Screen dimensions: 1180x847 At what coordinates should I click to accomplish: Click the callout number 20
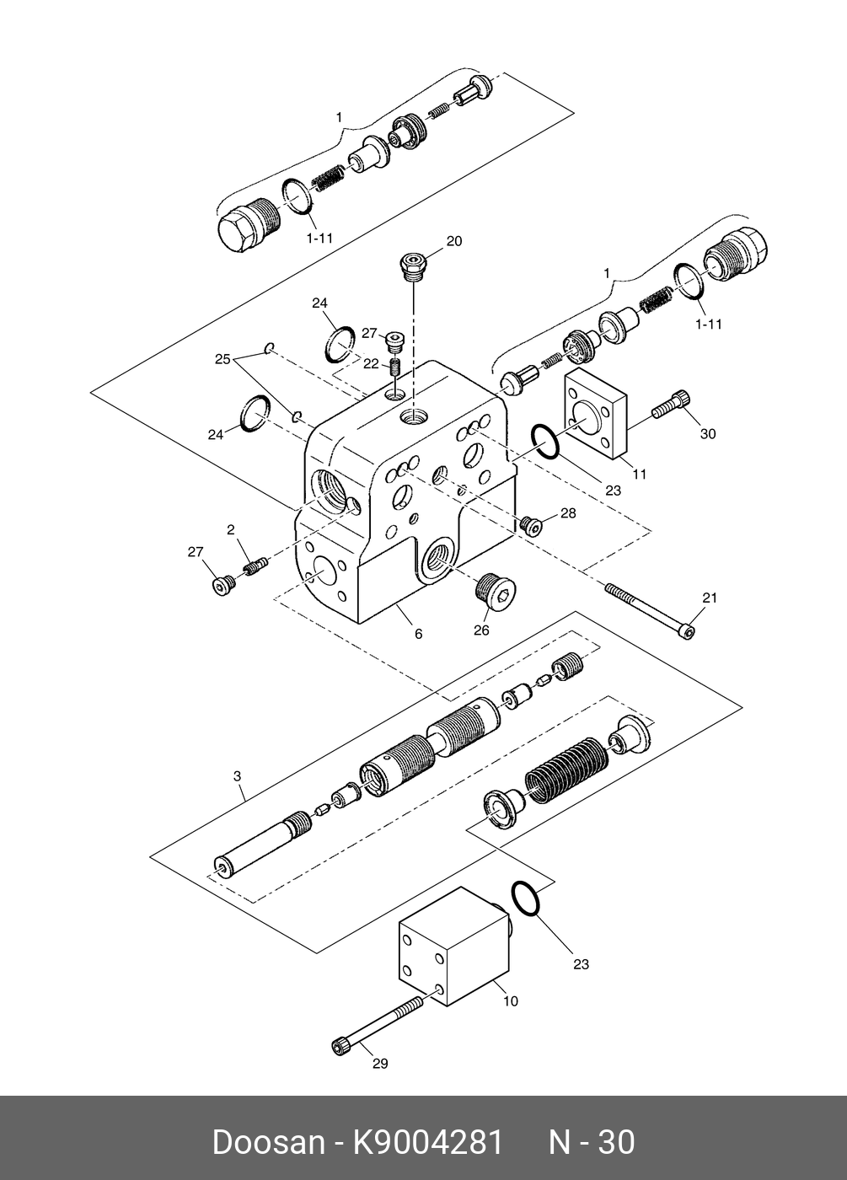point(453,242)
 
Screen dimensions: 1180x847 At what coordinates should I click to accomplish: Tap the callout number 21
point(709,598)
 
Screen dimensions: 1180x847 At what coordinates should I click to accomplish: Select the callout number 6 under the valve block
point(418,634)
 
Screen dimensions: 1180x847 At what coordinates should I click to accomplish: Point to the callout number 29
point(380,1064)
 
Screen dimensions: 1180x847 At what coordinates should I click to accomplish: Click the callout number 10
point(511,1001)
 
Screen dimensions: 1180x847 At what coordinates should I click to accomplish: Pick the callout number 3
point(238,774)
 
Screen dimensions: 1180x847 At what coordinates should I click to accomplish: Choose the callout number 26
point(481,630)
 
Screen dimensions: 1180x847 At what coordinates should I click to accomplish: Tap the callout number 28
point(568,512)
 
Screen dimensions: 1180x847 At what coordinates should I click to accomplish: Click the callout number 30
point(708,434)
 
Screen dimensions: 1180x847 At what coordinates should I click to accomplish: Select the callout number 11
point(640,475)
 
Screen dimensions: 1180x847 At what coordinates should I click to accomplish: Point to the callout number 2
point(230,530)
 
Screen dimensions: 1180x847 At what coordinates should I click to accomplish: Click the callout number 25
point(222,360)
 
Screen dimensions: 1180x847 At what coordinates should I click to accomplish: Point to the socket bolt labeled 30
point(672,406)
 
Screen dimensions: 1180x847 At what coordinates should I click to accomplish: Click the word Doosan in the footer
point(268,1142)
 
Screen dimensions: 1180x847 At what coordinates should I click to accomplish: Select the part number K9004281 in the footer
point(427,1142)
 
